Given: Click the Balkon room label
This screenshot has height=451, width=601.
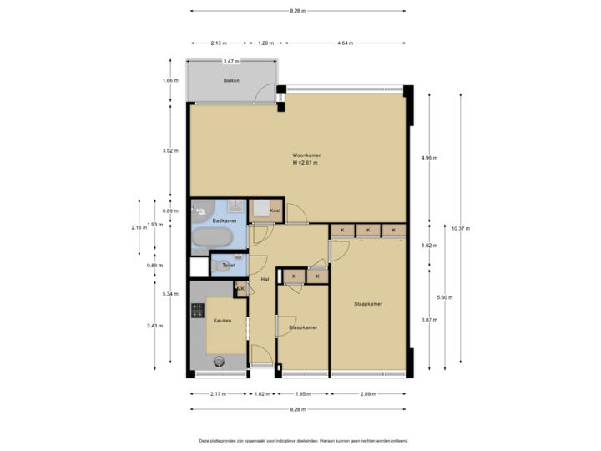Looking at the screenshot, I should [x=231, y=81].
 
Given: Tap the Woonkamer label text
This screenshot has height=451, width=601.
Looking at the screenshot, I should [x=306, y=155].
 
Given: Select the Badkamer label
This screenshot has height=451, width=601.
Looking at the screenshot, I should [x=225, y=220].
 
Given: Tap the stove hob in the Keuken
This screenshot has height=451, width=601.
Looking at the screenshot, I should [x=198, y=311].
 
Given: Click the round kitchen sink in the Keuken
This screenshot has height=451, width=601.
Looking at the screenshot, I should [x=220, y=361].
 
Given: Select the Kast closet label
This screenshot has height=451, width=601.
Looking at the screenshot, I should [x=275, y=211].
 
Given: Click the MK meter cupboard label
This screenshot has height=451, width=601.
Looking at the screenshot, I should [x=240, y=289].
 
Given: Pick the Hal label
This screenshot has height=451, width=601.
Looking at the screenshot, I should [x=265, y=279].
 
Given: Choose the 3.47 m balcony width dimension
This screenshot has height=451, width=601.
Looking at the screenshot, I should [x=231, y=61].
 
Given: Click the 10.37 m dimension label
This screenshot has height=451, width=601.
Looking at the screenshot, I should [x=461, y=227].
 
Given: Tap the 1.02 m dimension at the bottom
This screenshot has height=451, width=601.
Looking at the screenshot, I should [x=262, y=393].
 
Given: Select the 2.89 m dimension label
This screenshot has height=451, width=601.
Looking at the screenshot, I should [x=368, y=393].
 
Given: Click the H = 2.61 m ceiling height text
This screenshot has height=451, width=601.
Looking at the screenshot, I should [x=306, y=164].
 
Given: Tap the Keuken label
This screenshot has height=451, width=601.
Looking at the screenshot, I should [x=221, y=320].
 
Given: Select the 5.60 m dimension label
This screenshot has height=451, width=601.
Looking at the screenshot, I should [x=445, y=296].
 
